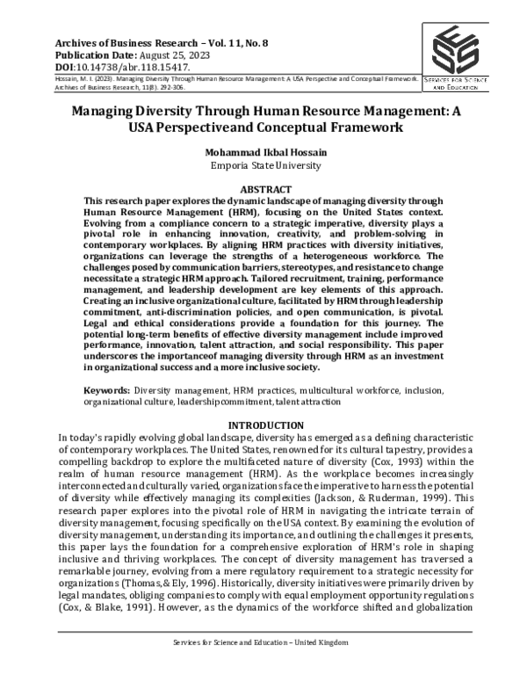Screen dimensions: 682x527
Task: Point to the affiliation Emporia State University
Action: point(263,163)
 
